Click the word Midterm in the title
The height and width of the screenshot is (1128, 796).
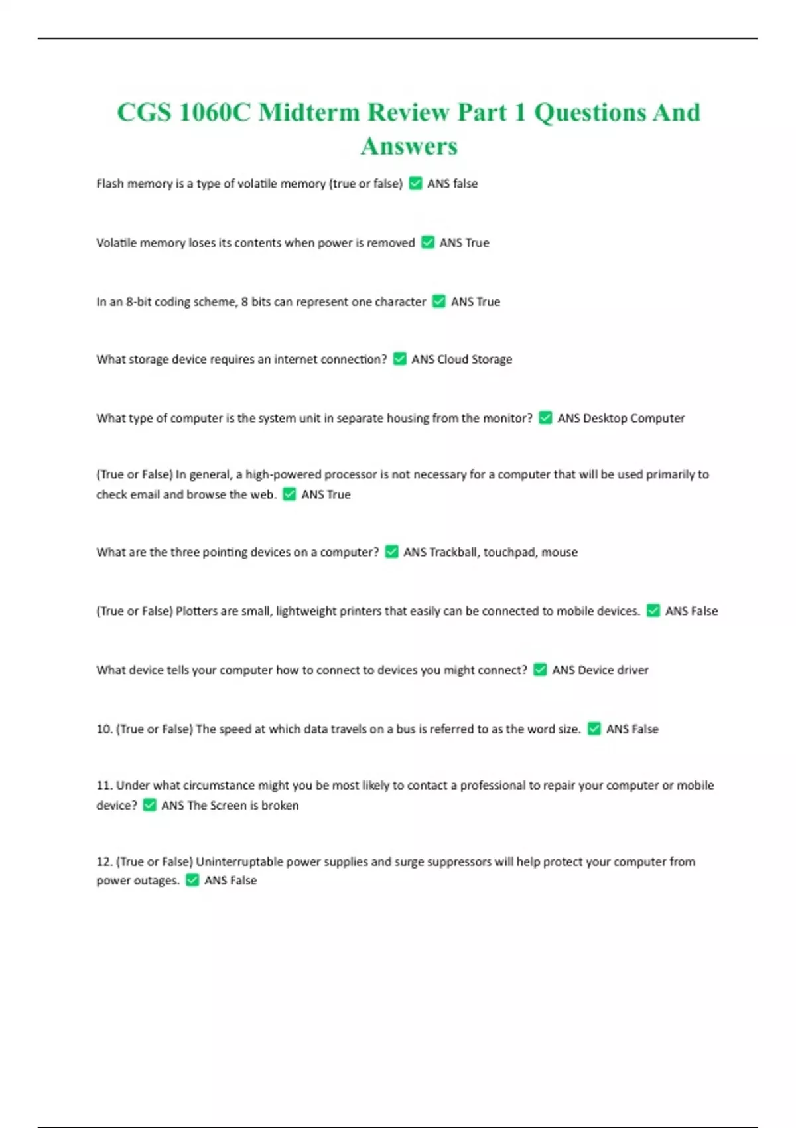pos(308,112)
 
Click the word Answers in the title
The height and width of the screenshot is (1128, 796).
pos(409,146)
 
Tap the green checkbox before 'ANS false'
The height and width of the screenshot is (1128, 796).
pos(415,183)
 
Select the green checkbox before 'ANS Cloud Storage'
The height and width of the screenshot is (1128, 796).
pos(399,359)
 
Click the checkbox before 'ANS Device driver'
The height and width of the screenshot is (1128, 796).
pos(540,670)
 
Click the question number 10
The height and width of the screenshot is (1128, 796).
pos(104,729)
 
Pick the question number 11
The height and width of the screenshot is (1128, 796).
pos(104,785)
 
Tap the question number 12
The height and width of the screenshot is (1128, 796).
pos(104,861)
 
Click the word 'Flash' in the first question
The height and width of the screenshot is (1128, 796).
pos(109,184)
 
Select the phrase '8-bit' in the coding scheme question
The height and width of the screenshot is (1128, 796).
pos(139,301)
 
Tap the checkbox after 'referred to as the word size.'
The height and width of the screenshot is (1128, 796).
pos(594,729)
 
